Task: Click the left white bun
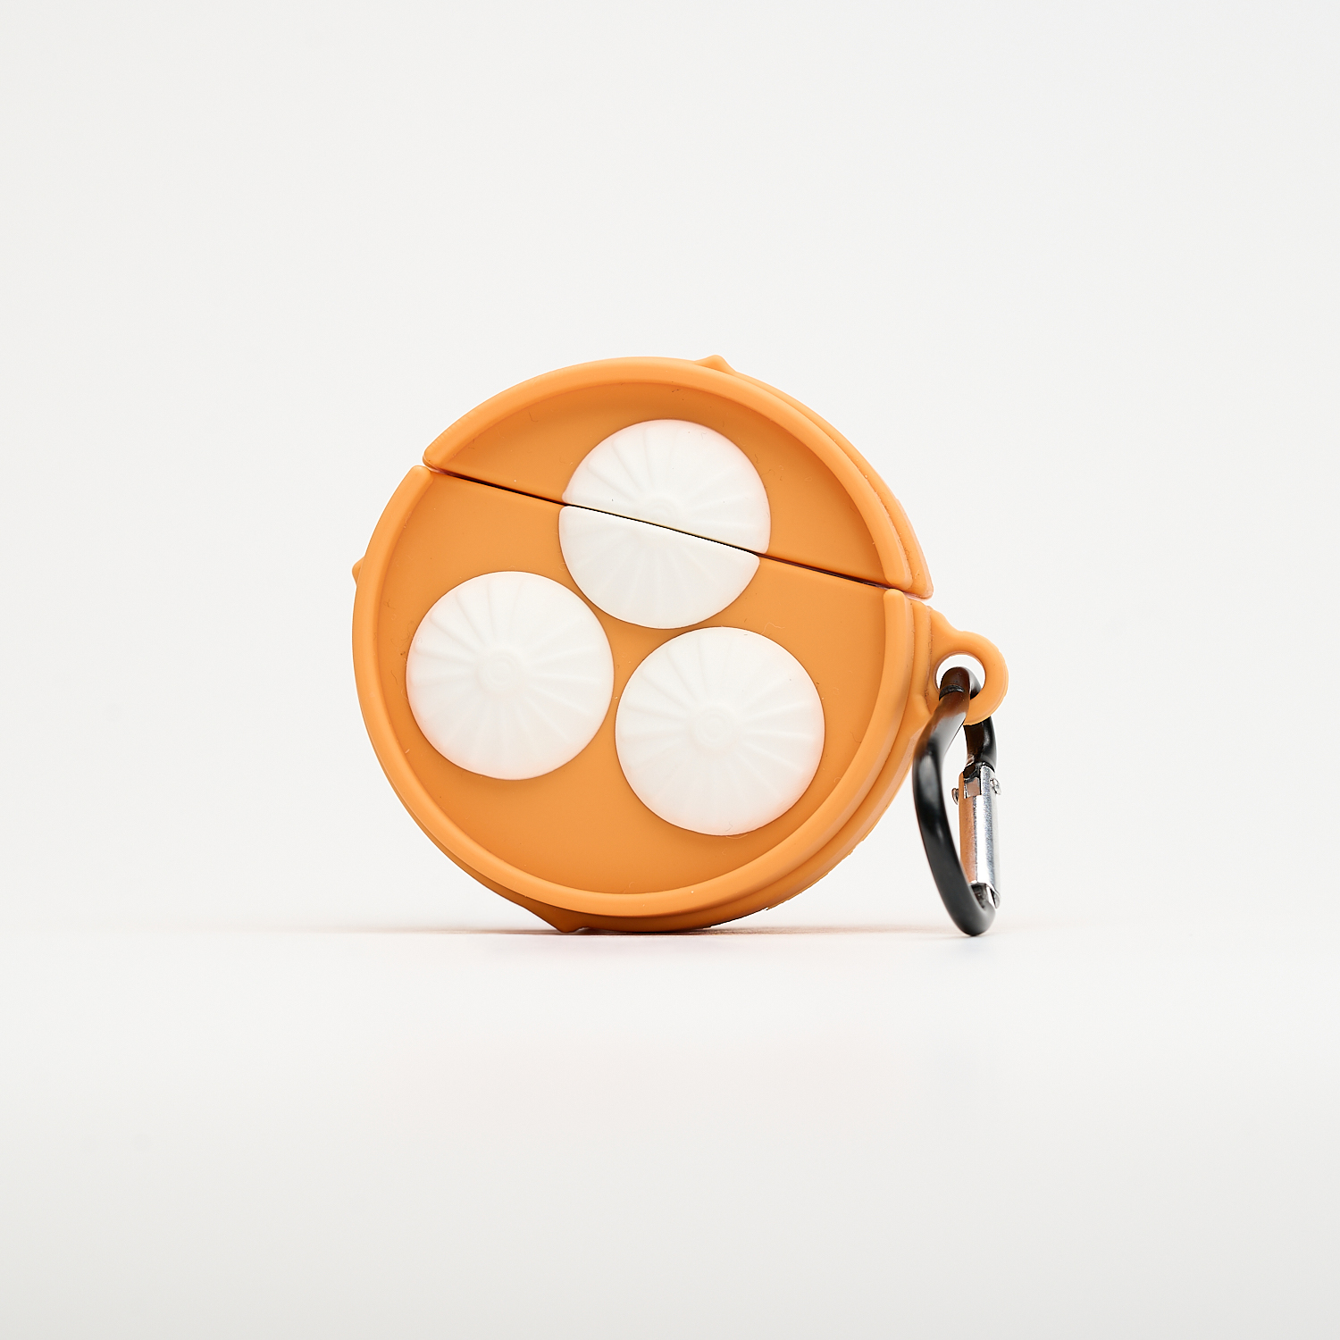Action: tap(509, 675)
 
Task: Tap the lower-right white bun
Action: tap(719, 731)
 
